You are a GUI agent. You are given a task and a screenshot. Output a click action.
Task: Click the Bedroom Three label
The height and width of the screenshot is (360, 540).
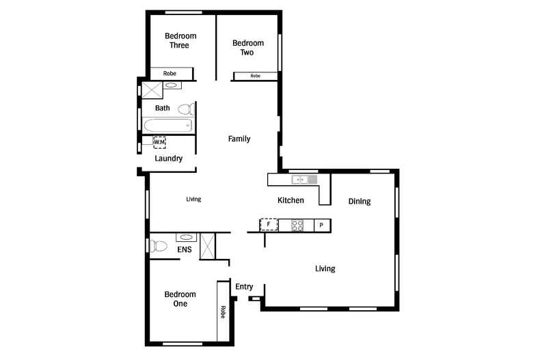pos(180,40)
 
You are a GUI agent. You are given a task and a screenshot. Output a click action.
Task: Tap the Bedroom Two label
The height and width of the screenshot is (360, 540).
pos(247,47)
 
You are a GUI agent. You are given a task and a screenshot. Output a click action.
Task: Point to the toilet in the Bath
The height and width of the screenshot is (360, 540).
pos(185,109)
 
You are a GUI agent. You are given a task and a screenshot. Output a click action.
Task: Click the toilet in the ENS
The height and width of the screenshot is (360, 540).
pos(160,246)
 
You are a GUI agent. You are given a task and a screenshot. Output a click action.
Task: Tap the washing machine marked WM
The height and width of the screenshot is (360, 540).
pos(159,142)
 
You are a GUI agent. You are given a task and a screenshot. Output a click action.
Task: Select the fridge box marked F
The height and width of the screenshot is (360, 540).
pos(269,224)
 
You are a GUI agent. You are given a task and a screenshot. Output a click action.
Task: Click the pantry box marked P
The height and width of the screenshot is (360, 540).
pos(321,225)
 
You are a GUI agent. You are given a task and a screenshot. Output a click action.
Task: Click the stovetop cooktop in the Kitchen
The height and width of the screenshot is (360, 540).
pos(297,224)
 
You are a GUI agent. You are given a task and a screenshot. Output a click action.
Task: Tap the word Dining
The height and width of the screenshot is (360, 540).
pos(360,202)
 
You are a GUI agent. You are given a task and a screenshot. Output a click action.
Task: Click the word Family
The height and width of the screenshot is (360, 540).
pos(239,139)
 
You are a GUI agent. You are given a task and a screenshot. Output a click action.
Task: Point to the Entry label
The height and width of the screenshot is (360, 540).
pos(244,287)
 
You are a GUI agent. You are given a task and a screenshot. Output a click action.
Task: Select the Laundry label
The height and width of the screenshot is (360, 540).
pos(168,158)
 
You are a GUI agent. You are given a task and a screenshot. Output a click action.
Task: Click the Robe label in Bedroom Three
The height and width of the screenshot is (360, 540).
pos(170,73)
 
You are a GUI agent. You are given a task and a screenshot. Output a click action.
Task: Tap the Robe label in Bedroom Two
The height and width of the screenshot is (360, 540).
pos(255,76)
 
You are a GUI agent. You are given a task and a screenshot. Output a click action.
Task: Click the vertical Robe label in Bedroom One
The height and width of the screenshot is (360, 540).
pos(223,311)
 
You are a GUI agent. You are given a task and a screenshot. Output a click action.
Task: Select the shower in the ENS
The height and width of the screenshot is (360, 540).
pos(207,246)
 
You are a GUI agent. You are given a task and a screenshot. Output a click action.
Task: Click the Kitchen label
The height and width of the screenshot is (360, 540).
pos(291,201)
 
